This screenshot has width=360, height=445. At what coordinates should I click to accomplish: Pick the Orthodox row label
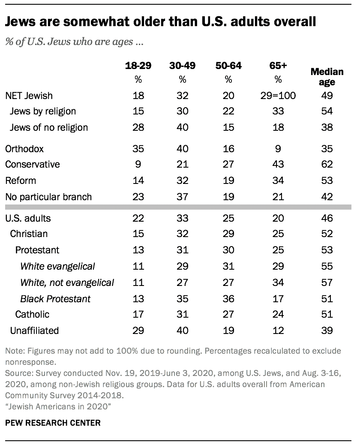pyautogui.click(x=24, y=149)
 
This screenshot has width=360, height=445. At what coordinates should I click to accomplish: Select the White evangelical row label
pyautogui.click(x=57, y=266)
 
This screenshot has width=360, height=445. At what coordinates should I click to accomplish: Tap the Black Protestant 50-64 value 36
pyautogui.click(x=228, y=298)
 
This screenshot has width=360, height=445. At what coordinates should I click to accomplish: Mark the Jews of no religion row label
pyautogui.click(x=49, y=127)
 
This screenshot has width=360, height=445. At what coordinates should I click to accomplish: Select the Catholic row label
pyautogui.click(x=32, y=314)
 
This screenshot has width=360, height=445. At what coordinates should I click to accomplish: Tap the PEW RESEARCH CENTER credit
pyautogui.click(x=53, y=423)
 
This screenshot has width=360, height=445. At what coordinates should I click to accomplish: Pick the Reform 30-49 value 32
pyautogui.click(x=182, y=180)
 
